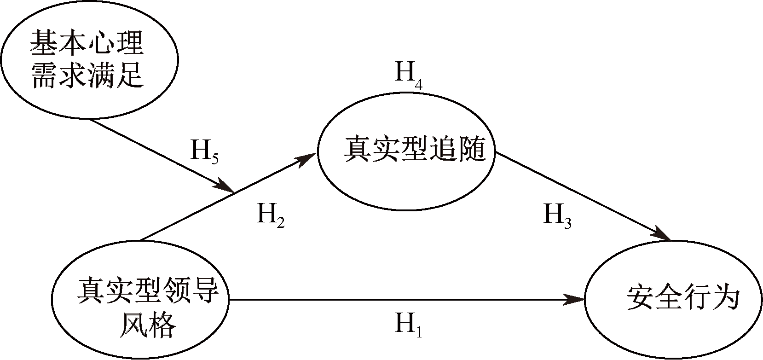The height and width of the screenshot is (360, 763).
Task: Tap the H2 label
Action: coord(270,215)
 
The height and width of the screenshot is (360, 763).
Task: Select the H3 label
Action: coord(557,215)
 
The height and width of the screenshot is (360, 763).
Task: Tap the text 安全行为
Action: coord(682,298)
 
